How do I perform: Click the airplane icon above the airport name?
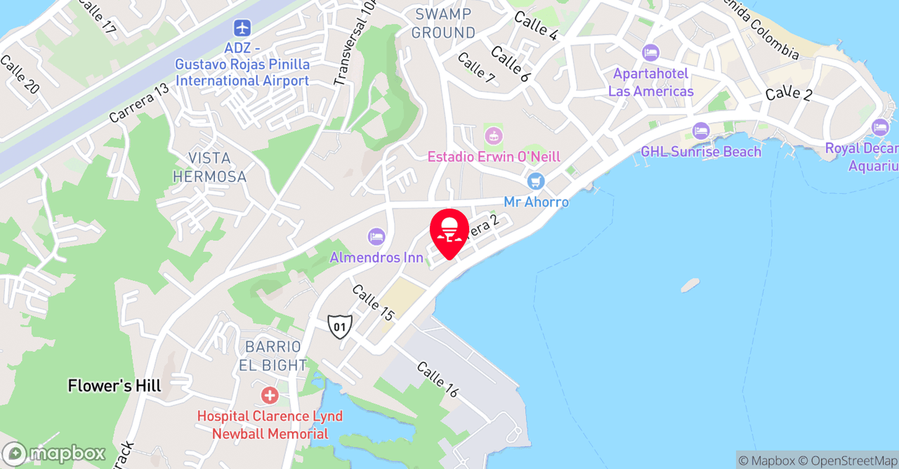(242, 29)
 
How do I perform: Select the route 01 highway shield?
(340, 326)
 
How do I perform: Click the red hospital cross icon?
(270, 395)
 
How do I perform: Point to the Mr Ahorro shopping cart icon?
(536, 181)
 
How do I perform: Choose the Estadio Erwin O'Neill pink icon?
(494, 135)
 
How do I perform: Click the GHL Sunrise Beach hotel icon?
(700, 131)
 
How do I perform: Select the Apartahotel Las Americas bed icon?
(650, 53)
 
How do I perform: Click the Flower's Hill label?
(114, 385)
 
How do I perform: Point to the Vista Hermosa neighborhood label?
(210, 167)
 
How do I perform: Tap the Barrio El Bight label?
(273, 356)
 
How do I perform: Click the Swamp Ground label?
(443, 23)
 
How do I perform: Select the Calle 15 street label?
(373, 303)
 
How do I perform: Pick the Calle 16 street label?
(437, 380)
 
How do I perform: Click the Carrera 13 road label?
(139, 104)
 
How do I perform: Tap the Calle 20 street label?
(20, 75)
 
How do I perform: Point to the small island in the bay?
(690, 285)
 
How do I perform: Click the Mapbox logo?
(53, 453)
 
